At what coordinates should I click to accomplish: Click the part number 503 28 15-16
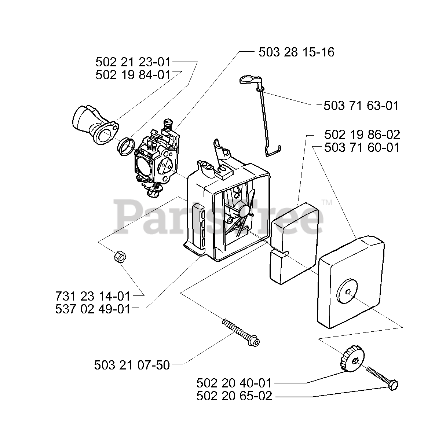(x=296, y=52)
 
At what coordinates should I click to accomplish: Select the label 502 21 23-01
(x=133, y=62)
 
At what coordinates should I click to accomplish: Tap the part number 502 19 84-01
(x=133, y=75)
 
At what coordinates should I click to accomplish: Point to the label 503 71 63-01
(x=361, y=106)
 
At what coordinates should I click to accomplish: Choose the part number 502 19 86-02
(x=362, y=135)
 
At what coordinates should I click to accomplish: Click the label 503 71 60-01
(x=362, y=148)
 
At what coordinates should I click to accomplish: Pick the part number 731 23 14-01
(x=93, y=296)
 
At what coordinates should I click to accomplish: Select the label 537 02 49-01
(x=93, y=309)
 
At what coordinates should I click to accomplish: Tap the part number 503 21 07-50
(x=132, y=365)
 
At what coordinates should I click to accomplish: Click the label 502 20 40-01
(x=234, y=383)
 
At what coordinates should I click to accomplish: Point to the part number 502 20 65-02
(x=234, y=397)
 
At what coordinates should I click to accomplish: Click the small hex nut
(x=120, y=257)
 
